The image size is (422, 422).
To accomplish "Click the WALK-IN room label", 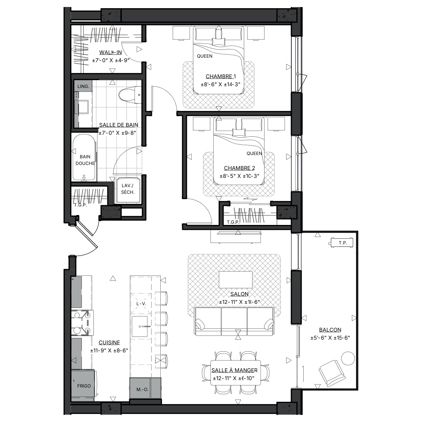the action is coord(110,53).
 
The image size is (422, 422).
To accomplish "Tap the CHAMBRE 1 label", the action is coord(221,76).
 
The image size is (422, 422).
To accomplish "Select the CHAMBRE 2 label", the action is coord(239,168).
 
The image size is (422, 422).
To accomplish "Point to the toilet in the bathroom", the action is coord(130,95).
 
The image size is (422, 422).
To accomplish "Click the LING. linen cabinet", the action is coord(83,87).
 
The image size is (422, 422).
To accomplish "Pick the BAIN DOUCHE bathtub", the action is coord(84,157).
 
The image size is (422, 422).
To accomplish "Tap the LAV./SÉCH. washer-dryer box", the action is coord(127,189).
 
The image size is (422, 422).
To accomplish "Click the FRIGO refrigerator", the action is coord(84,386).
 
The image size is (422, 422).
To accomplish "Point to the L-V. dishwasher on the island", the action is coord(141,303).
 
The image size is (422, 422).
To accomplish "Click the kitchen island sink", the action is coord(140,326).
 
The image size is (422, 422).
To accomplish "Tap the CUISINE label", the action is coord(109,343).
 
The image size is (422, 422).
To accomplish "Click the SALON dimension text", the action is coord(239,302).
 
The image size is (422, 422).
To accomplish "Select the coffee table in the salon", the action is coord(236,280).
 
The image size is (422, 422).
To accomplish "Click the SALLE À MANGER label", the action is coord(234,370).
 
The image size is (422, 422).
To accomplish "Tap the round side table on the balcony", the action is coord(348,358).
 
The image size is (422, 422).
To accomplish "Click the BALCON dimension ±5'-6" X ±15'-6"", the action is coord(330,338).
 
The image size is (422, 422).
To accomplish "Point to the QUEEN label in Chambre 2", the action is coord(254,153).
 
